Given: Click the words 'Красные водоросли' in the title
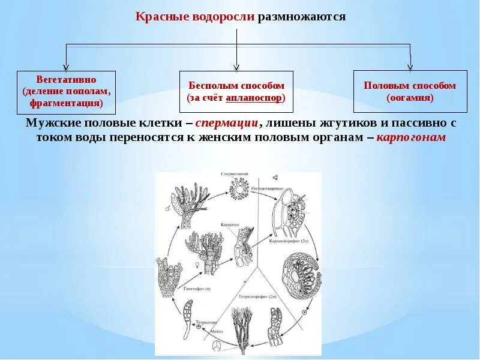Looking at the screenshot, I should (196, 16).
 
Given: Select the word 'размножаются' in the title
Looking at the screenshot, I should (302, 16).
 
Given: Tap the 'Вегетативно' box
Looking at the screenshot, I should (66, 91).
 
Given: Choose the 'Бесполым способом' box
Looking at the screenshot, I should (236, 91).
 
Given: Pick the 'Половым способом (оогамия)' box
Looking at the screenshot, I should (410, 91).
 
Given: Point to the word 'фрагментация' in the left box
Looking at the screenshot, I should (66, 103).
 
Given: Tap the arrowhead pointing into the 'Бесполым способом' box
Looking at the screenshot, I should (237, 67).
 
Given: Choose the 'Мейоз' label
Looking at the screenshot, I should (217, 331).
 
